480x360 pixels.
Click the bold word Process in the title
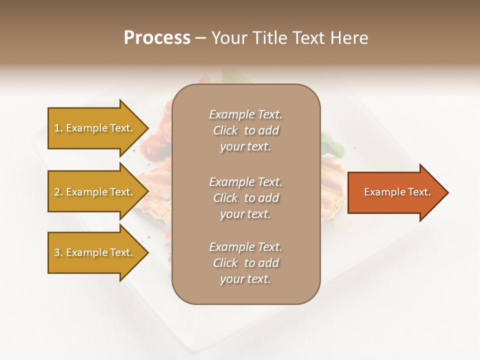pyautogui.click(x=157, y=38)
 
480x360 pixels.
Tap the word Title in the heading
pyautogui.click(x=270, y=38)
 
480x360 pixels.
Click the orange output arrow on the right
pyautogui.click(x=390, y=192)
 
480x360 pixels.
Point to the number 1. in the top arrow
pyautogui.click(x=58, y=128)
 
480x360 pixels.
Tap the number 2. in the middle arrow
pyautogui.click(x=58, y=192)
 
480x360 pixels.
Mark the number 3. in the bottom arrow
pyautogui.click(x=58, y=252)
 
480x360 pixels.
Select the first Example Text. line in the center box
pyautogui.click(x=245, y=114)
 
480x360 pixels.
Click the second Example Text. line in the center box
pyautogui.click(x=245, y=182)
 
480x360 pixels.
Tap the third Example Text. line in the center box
pyautogui.click(x=245, y=247)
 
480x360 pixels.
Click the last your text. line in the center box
pyautogui.click(x=245, y=279)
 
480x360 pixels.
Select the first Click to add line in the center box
pyautogui.click(x=245, y=130)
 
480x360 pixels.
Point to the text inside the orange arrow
pyautogui.click(x=397, y=192)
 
